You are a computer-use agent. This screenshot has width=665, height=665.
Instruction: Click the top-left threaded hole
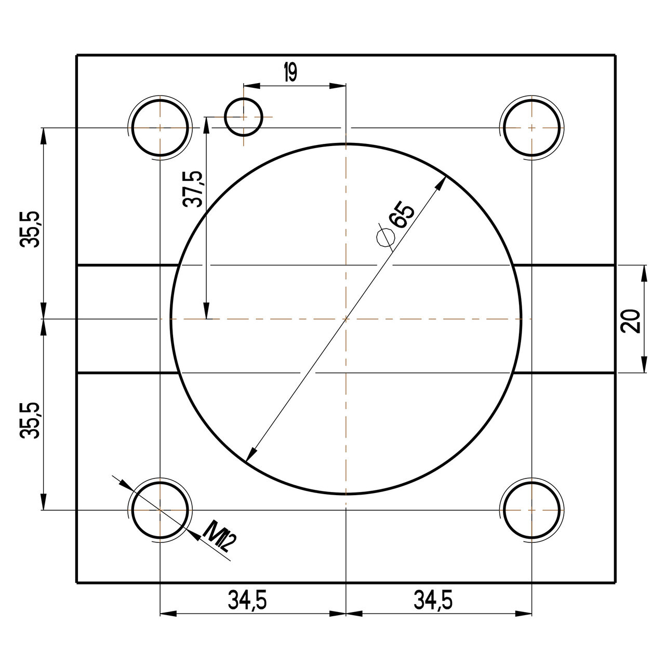pos(160,127)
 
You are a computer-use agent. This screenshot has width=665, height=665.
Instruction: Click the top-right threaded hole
pos(532,127)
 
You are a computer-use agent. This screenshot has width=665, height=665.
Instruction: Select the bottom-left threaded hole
pos(160,510)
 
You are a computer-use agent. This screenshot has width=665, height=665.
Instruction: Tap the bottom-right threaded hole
pos(532,510)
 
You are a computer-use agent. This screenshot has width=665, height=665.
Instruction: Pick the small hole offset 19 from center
pos(243,117)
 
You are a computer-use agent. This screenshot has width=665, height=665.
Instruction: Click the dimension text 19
pos(290,73)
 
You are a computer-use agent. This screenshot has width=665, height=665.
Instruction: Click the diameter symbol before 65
pos(385,237)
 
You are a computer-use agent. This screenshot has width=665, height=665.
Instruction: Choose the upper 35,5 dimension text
pos(30,229)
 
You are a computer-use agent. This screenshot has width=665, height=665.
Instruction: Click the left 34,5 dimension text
pos(247,601)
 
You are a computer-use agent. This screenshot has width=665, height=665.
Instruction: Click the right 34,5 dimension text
pos(433,601)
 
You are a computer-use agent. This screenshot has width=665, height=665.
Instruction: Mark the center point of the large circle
pos(346,318)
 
